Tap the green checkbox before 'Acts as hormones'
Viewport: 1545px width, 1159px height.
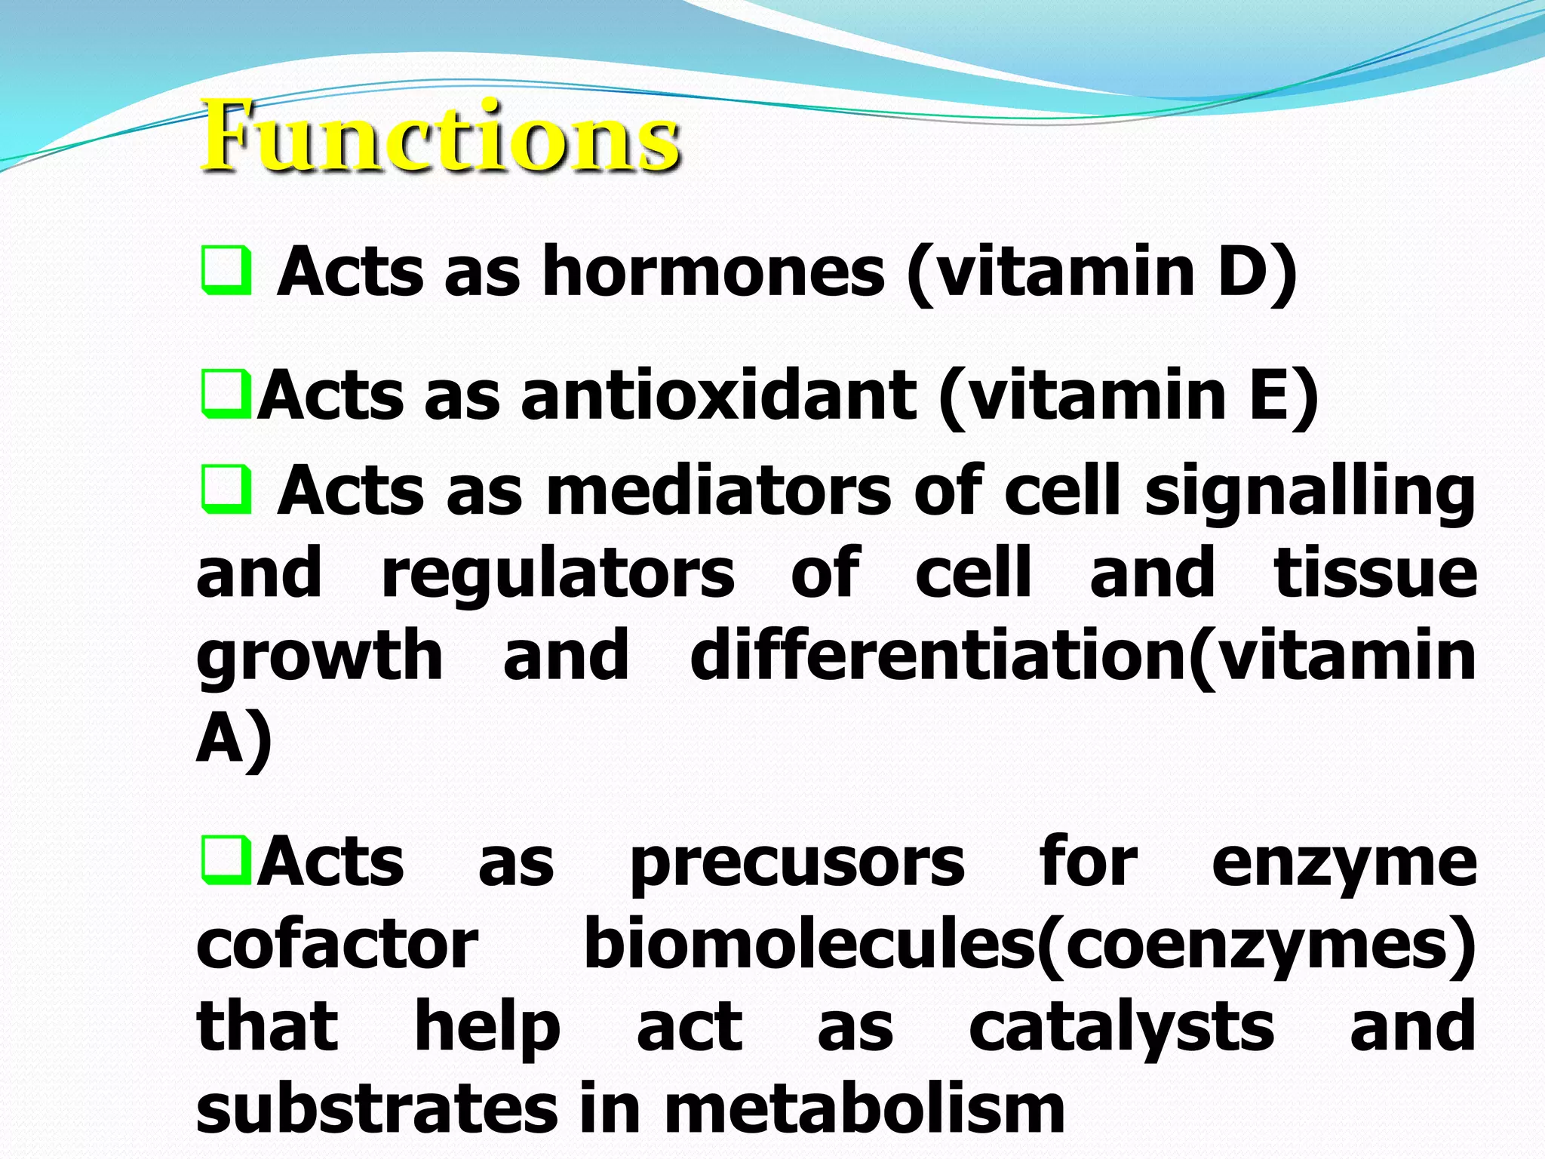[x=226, y=270]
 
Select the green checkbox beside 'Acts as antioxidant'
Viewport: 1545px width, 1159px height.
[x=226, y=394]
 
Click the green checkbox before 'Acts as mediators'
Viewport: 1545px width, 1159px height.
[x=226, y=489]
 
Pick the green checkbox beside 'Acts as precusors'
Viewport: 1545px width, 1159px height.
[x=226, y=859]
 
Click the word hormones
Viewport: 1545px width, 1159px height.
[x=713, y=272]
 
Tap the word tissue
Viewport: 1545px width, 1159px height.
[x=1375, y=573]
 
